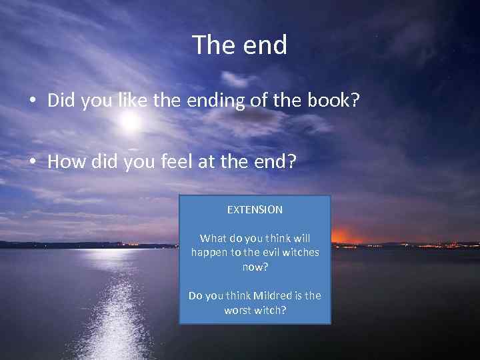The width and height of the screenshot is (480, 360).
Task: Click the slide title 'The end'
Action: pos(240,45)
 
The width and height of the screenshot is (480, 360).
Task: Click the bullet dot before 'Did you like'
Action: pos(32,101)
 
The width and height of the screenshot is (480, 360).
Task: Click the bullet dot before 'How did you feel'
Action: pos(32,162)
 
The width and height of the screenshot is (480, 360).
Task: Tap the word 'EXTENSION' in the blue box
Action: pos(255,209)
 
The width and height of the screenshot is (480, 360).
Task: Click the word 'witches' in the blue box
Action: pos(301,252)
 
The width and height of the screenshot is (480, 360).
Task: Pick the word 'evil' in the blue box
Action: pos(269,252)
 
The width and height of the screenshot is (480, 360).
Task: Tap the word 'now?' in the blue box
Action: pos(255,267)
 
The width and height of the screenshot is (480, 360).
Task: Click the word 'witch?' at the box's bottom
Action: pos(270,310)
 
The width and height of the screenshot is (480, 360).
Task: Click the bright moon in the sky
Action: pos(131,122)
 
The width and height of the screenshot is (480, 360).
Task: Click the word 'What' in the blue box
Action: pos(213,238)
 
